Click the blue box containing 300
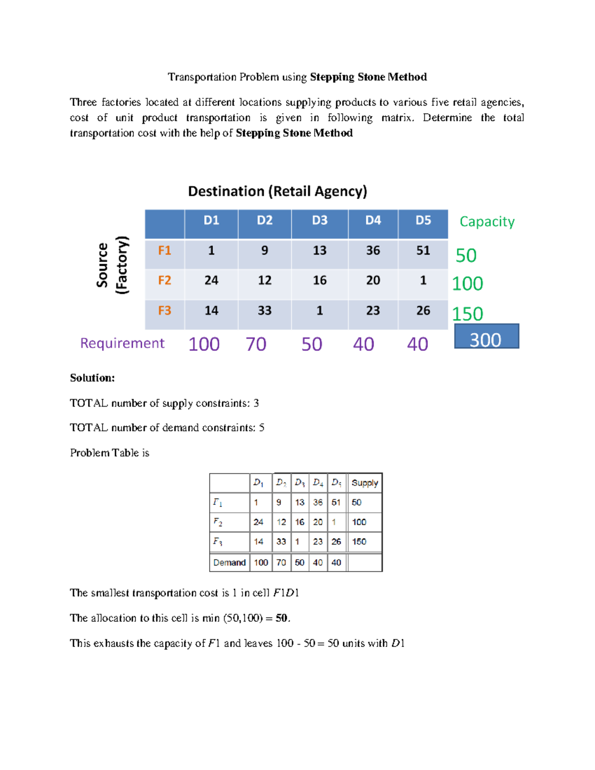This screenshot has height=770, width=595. [x=486, y=337]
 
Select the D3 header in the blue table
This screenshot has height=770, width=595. [x=320, y=221]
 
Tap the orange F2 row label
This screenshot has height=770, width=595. [x=164, y=281]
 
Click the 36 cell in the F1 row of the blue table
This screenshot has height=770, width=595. [x=373, y=251]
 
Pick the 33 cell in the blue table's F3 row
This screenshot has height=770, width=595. [x=264, y=311]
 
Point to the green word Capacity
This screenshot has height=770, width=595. [x=487, y=222]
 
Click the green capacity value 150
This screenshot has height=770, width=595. [x=467, y=314]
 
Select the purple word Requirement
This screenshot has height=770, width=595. [x=122, y=343]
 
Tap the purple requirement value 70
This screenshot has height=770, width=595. [x=256, y=344]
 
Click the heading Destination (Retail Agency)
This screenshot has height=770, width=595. [x=277, y=191]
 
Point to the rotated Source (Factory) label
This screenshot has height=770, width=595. [x=112, y=265]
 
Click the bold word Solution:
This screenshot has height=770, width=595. [x=92, y=378]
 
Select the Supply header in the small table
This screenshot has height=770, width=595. [x=364, y=483]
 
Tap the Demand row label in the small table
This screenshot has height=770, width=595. [x=229, y=563]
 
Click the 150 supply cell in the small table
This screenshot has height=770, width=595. [x=359, y=542]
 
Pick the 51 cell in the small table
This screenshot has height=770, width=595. [x=336, y=503]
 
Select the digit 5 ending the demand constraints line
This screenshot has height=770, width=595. [x=262, y=428]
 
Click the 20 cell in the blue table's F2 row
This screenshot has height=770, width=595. [x=373, y=281]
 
